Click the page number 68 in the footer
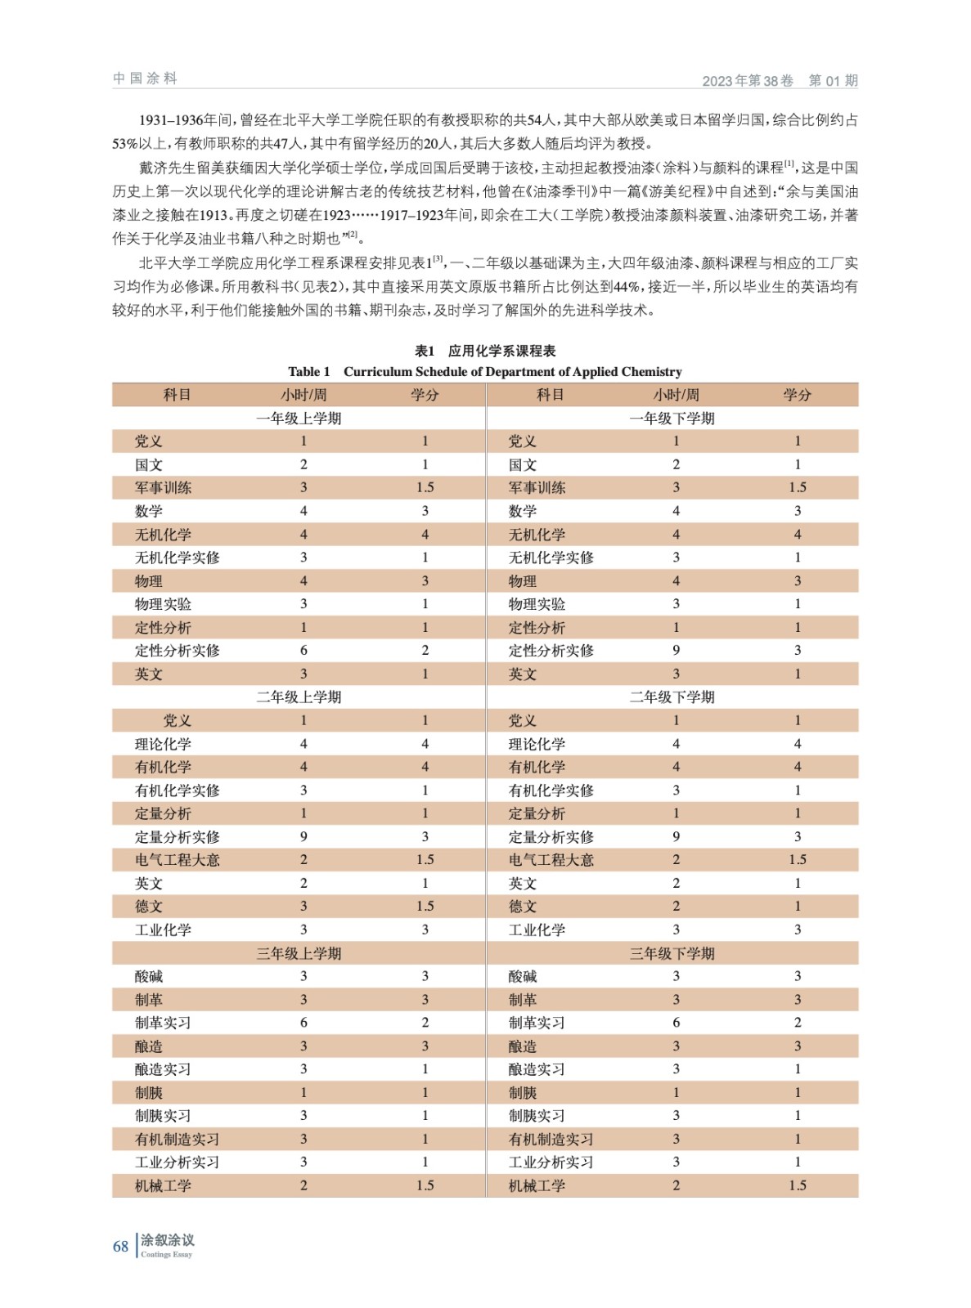pyautogui.click(x=120, y=1247)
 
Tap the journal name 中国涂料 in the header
pyautogui.click(x=145, y=78)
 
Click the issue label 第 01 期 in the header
pyautogui.click(x=833, y=80)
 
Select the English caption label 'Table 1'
pyautogui.click(x=308, y=372)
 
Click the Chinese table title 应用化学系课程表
pyautogui.click(x=501, y=351)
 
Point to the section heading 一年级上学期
pyautogui.click(x=299, y=419)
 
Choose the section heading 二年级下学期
pyautogui.click(x=672, y=697)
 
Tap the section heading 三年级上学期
pyautogui.click(x=299, y=953)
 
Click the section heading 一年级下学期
pyautogui.click(x=672, y=419)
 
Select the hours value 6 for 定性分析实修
pyautogui.click(x=303, y=651)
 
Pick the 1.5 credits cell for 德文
pyautogui.click(x=425, y=907)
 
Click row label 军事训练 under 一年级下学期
pyautogui.click(x=537, y=488)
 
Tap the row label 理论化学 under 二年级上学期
pyautogui.click(x=163, y=744)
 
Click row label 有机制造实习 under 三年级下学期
pyautogui.click(x=551, y=1139)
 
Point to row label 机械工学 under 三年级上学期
pyautogui.click(x=163, y=1185)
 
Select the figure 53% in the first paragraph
pyautogui.click(x=125, y=144)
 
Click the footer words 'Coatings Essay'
pyautogui.click(x=166, y=1255)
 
